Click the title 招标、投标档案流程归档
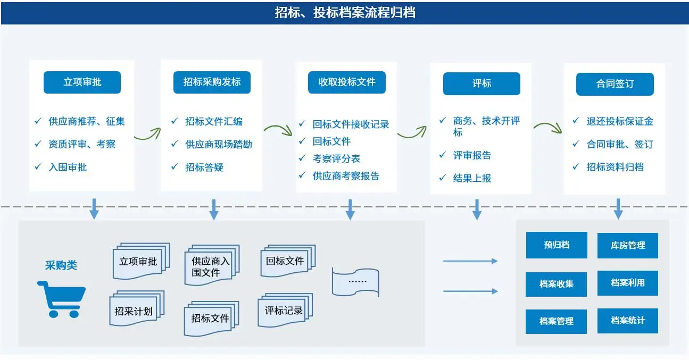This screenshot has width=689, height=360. point(345,13)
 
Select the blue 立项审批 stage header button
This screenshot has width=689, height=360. point(82,82)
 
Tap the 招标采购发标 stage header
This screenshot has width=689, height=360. point(212,82)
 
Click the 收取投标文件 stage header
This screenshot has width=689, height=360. point(347,82)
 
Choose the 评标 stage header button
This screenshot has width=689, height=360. point(482,84)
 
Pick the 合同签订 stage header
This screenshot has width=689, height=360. point(615,84)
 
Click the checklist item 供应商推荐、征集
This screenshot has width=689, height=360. point(87,122)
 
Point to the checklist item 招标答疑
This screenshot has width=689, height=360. point(204,168)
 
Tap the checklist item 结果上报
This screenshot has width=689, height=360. point(472,178)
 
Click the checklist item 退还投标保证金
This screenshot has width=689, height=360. point(620,122)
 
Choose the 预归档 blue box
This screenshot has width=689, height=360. point(557,245)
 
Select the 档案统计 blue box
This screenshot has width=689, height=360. point(628,321)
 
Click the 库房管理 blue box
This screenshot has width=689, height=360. point(628,246)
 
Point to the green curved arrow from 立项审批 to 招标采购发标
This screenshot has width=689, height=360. point(147,134)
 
